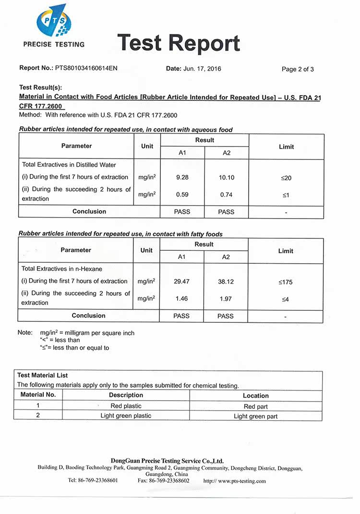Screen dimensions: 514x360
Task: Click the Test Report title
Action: pyautogui.click(x=178, y=43)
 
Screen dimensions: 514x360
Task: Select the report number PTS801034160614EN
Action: pyautogui.click(x=86, y=68)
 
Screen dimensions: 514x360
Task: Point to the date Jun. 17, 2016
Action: pyautogui.click(x=202, y=69)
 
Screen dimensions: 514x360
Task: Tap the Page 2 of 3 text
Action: pyautogui.click(x=298, y=69)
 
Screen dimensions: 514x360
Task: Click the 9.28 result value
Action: pyautogui.click(x=182, y=177)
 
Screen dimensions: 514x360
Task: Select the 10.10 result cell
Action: pyautogui.click(x=227, y=178)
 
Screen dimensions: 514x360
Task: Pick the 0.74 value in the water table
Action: pyautogui.click(x=227, y=195)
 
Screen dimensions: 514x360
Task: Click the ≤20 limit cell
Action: pyautogui.click(x=286, y=178)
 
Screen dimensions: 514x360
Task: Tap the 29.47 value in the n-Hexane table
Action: pyautogui.click(x=182, y=281)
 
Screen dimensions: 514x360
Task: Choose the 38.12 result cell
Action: pyautogui.click(x=226, y=282)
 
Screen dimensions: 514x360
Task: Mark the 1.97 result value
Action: pyautogui.click(x=226, y=299)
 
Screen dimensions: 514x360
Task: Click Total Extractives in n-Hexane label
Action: pyautogui.click(x=62, y=269)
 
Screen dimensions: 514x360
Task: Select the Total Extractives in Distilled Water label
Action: pyautogui.click(x=69, y=165)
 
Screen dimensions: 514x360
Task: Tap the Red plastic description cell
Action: pyautogui.click(x=126, y=406)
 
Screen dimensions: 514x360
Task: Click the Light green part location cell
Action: pyautogui.click(x=255, y=416)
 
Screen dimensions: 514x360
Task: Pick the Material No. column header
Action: pyautogui.click(x=38, y=394)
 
